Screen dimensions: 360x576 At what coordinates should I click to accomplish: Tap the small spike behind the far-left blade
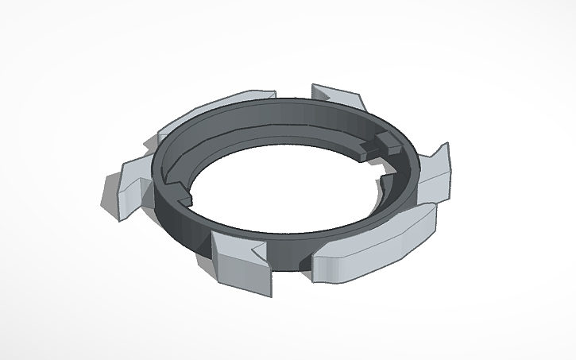pos(148,144)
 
